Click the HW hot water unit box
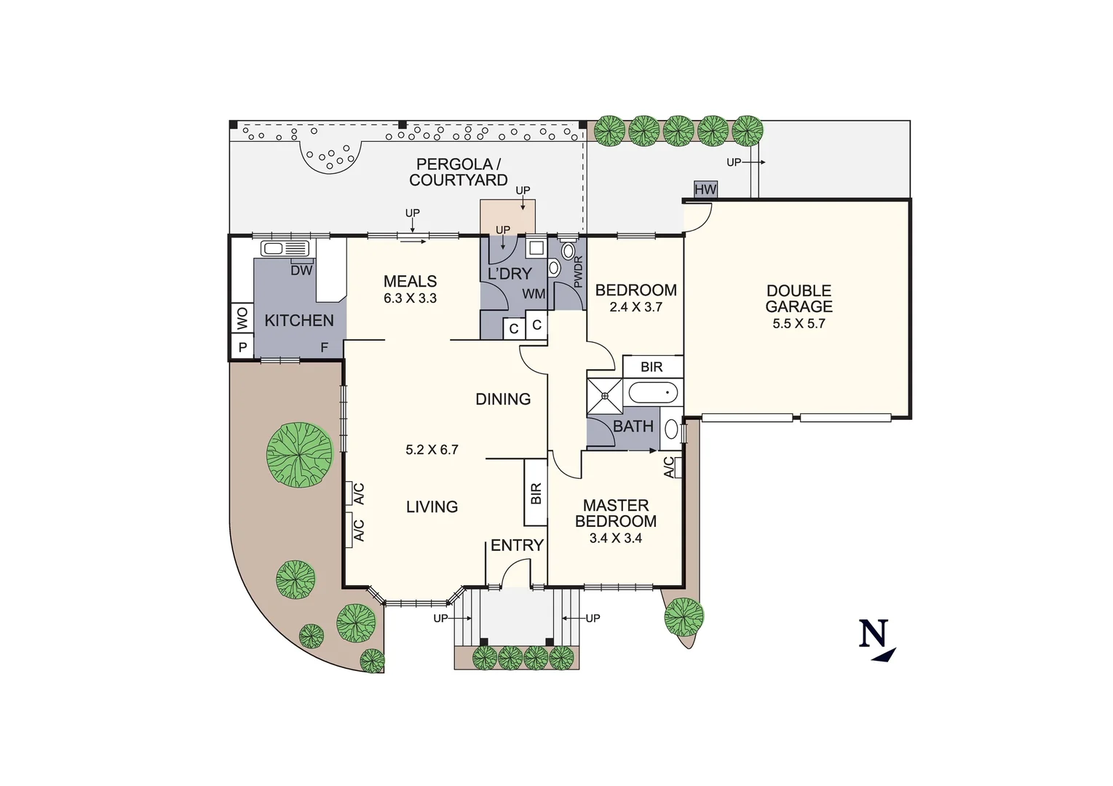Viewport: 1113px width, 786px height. tap(705, 189)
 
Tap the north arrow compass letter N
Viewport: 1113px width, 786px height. tap(874, 633)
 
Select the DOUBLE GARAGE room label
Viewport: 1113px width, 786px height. tap(799, 298)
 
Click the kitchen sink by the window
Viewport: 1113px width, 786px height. tap(284, 249)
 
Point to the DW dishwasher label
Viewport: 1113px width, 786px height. tap(301, 270)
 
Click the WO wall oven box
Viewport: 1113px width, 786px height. tap(242, 318)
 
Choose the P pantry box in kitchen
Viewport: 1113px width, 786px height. tap(242, 348)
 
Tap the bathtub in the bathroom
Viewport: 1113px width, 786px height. tap(653, 394)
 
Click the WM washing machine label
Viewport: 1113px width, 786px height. tap(534, 294)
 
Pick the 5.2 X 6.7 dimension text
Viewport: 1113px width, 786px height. tap(432, 450)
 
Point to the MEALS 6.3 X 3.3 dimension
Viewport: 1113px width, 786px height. tap(410, 298)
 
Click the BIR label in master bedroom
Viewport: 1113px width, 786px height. tap(536, 493)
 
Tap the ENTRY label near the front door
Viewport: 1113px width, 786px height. tap(517, 545)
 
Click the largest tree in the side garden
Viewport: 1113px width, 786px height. tap(299, 455)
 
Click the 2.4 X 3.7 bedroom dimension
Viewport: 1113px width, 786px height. tap(635, 307)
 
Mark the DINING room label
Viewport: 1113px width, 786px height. tap(502, 399)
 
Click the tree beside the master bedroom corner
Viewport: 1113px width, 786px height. tap(684, 616)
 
